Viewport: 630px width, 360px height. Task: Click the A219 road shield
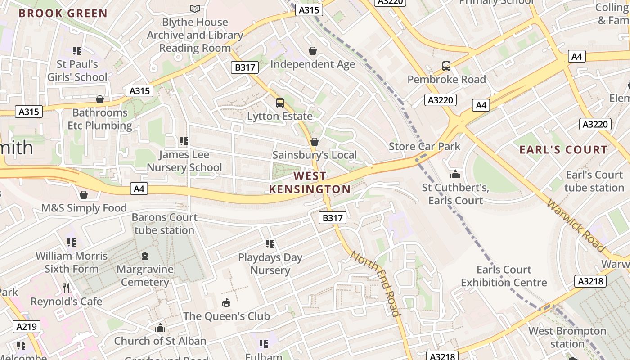pos(26,327)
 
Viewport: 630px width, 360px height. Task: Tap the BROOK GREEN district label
pos(63,13)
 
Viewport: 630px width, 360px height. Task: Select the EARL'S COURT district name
pos(563,150)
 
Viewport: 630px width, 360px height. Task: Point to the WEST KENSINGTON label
pos(310,183)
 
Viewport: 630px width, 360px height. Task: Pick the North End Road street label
pos(375,283)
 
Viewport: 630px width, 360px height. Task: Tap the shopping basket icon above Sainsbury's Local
pos(315,142)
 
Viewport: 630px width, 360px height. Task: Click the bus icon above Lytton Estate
pos(280,103)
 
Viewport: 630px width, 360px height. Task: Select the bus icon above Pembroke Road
pos(446,67)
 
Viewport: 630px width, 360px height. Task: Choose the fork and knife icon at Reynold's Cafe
pos(67,288)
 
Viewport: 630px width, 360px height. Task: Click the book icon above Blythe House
pos(195,9)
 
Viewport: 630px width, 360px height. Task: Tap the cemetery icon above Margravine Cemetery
pos(145,256)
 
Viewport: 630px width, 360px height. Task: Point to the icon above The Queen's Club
pos(226,303)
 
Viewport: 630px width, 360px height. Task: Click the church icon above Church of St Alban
pos(160,328)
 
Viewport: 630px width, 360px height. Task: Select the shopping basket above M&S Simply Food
pos(84,195)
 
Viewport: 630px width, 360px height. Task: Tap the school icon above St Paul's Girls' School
pos(77,51)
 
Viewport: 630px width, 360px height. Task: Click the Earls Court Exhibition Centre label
pos(504,276)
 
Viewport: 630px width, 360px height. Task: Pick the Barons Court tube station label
pos(164,224)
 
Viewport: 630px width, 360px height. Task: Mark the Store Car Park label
pos(424,146)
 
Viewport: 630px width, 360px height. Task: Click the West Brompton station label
pos(567,337)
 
